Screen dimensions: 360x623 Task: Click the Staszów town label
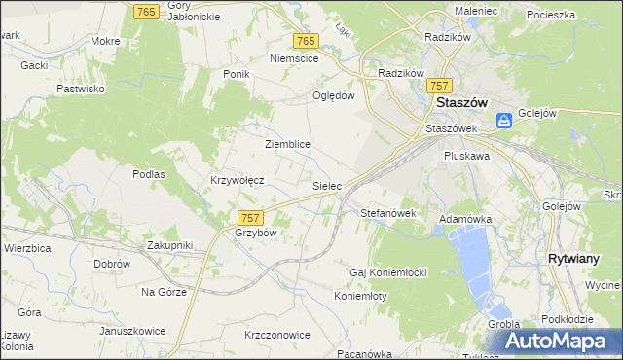(x=460, y=102)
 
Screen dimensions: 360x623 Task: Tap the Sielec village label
(x=325, y=184)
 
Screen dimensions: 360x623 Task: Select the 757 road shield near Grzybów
(x=249, y=218)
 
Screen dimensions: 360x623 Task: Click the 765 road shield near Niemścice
(x=306, y=40)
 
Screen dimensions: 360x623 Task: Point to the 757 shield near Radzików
(x=441, y=86)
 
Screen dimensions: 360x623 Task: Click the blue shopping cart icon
(x=504, y=121)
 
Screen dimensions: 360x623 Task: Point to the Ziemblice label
(x=287, y=144)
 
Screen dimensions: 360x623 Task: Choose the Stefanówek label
(x=388, y=212)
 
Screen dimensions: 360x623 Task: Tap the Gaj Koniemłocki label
(x=389, y=271)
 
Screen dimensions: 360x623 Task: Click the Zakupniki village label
(x=170, y=245)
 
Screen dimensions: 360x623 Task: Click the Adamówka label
(x=465, y=220)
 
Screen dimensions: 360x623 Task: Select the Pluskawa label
(x=466, y=155)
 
